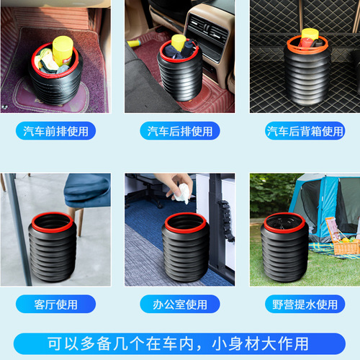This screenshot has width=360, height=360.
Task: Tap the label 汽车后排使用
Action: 180,131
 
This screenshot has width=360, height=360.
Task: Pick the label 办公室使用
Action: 180,305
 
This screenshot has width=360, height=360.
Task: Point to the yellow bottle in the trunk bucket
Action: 310,35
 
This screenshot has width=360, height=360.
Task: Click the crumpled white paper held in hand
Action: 182,192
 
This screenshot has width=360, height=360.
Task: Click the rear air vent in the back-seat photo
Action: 208,33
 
